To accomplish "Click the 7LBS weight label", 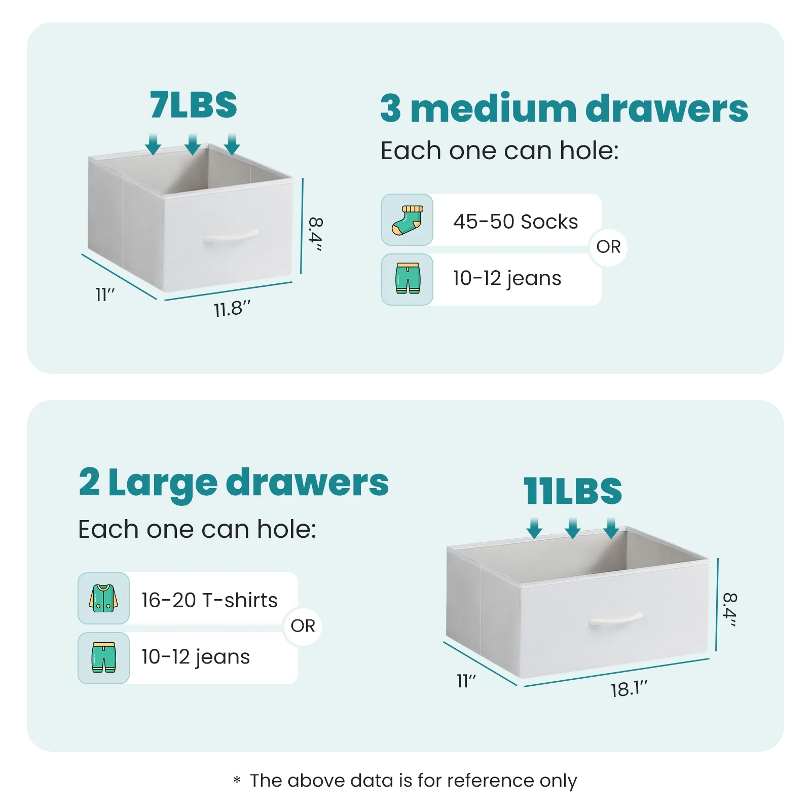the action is pyautogui.click(x=193, y=105).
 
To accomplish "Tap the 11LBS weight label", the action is pyautogui.click(x=573, y=491).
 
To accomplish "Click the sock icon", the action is pyautogui.click(x=407, y=220).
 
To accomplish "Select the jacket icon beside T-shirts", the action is pyautogui.click(x=103, y=598).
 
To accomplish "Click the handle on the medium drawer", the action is pyautogui.click(x=231, y=237).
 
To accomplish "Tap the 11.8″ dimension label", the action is pyautogui.click(x=232, y=309).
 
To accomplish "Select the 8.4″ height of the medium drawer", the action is pyautogui.click(x=316, y=234).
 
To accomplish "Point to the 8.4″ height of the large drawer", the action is pyautogui.click(x=729, y=609).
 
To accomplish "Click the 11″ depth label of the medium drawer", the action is pyautogui.click(x=105, y=294).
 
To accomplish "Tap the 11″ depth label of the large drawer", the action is pyautogui.click(x=466, y=681).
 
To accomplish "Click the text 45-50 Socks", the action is pyautogui.click(x=515, y=222).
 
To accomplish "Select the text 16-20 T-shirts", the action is pyautogui.click(x=209, y=600).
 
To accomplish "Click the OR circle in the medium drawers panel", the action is pyautogui.click(x=608, y=247).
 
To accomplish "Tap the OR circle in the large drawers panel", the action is pyautogui.click(x=303, y=626).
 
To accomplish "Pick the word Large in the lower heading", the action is pyautogui.click(x=163, y=483).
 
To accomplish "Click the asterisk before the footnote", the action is pyautogui.click(x=237, y=780).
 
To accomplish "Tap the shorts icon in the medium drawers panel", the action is pyautogui.click(x=408, y=278).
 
